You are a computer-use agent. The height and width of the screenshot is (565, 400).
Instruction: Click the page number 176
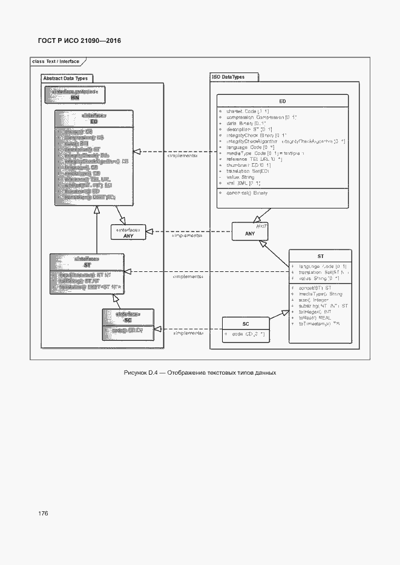43,513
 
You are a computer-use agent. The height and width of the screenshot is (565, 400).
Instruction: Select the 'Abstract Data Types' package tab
65,78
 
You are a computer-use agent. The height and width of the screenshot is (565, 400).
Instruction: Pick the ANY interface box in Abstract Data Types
128,233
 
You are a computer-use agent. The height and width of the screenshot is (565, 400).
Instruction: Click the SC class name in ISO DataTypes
246,324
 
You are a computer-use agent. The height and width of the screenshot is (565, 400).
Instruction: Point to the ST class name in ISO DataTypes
320,256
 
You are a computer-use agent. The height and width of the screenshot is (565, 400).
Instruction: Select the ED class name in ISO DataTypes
283,102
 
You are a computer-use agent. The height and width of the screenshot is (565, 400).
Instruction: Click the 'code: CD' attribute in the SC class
246,334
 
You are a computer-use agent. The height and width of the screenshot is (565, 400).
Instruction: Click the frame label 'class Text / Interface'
55,62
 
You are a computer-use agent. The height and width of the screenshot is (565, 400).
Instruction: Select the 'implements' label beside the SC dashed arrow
188,333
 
